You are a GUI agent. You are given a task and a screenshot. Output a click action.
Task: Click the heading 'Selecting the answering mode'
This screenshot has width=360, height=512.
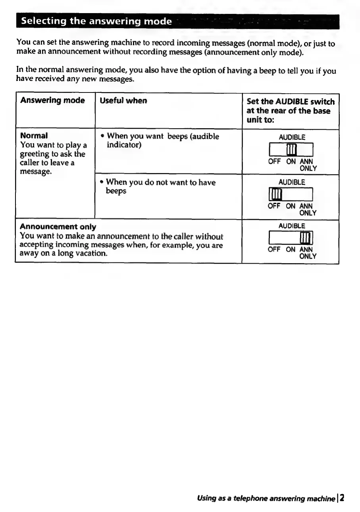click(96, 21)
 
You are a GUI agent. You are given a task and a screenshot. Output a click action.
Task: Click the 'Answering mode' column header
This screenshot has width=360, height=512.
click(52, 101)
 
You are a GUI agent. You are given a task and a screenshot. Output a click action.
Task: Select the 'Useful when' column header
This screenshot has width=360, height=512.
click(123, 101)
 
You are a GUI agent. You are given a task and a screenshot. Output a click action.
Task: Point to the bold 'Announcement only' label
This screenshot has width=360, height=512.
click(58, 227)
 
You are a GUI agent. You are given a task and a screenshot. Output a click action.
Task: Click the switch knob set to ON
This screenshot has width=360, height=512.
click(291, 150)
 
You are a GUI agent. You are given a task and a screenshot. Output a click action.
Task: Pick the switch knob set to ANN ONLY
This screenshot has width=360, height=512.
click(308, 238)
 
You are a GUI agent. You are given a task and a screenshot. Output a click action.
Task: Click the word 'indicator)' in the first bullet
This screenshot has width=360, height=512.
click(125, 145)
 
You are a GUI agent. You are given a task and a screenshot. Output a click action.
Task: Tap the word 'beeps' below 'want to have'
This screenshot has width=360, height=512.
click(116, 191)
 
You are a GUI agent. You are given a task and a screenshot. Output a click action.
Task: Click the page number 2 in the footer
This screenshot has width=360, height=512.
click(342, 498)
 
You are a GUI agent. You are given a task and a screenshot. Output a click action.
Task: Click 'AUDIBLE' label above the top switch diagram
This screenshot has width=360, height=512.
click(292, 137)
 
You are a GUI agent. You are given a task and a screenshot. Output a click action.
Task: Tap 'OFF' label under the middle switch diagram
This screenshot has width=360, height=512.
click(274, 206)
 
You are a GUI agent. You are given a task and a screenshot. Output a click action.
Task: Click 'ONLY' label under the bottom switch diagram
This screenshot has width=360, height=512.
click(308, 256)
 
